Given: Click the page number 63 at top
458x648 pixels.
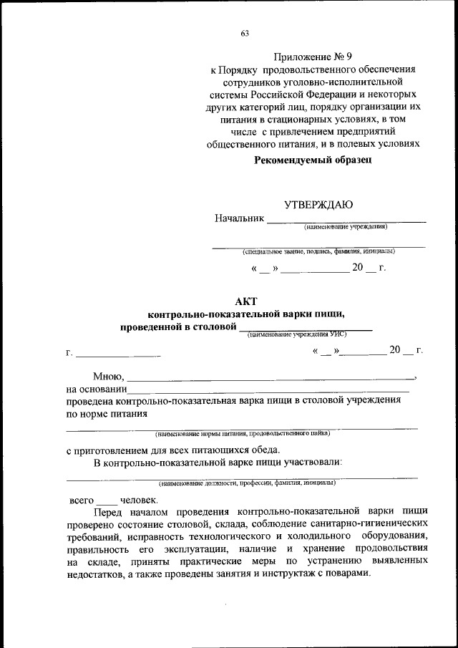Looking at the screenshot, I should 245,33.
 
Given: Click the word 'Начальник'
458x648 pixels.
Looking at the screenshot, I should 239,218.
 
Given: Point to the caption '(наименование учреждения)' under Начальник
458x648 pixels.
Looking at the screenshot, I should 346,227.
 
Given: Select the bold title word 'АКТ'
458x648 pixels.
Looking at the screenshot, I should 245,301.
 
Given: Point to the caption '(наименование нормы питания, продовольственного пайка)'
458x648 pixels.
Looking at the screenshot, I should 243,433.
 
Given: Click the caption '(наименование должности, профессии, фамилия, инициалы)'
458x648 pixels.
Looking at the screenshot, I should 243,483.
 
